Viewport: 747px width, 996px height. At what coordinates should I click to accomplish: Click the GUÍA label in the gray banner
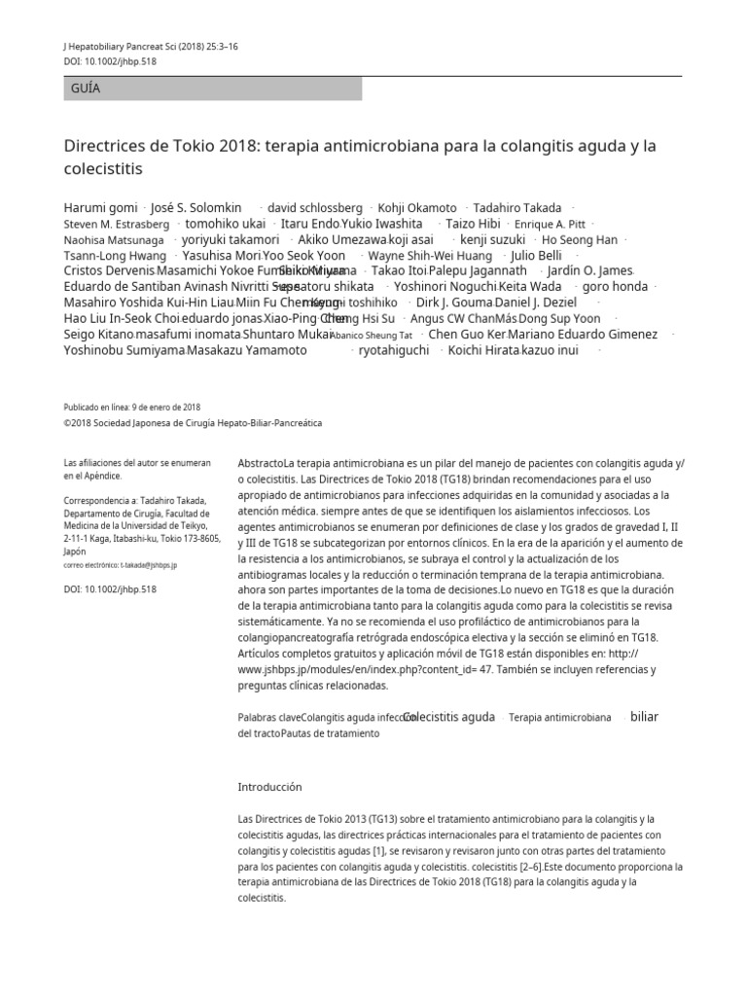pyautogui.click(x=86, y=89)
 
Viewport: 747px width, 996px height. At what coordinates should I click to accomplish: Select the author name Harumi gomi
pyautogui.click(x=100, y=208)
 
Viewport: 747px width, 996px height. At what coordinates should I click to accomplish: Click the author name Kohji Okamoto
pyautogui.click(x=417, y=208)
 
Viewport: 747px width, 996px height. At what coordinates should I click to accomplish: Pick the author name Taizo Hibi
pyautogui.click(x=473, y=224)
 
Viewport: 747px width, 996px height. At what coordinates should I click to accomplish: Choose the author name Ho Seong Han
pyautogui.click(x=579, y=239)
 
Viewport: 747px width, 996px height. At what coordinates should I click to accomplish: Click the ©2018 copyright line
pyautogui.click(x=193, y=423)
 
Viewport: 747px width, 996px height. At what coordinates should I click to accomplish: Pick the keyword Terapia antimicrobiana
pyautogui.click(x=560, y=718)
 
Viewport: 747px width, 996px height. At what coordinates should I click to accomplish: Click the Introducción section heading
pyautogui.click(x=270, y=786)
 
